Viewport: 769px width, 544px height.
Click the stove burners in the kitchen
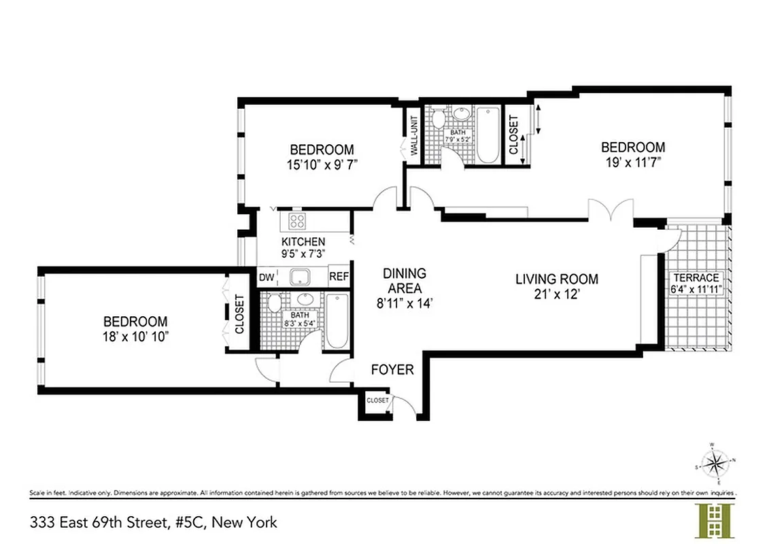(298, 220)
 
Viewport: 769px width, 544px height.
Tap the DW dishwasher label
(266, 277)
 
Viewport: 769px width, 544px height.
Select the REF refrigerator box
(339, 277)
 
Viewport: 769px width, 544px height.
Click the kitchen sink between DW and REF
(298, 277)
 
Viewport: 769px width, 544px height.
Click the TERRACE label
(696, 277)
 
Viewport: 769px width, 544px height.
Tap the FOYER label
(392, 370)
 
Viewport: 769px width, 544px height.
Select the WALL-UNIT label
(413, 135)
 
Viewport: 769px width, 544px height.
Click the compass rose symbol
(715, 464)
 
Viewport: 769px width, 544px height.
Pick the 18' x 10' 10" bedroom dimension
(135, 336)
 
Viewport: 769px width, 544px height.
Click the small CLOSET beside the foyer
(377, 401)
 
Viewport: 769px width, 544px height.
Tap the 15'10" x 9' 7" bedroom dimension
(322, 164)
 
